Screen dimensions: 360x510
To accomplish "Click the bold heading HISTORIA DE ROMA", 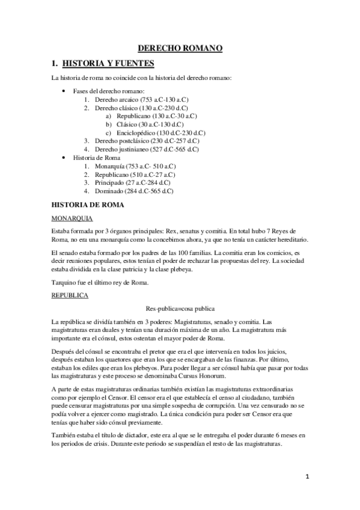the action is (x=88, y=205).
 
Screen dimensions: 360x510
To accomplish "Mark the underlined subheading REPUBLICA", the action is (x=70, y=296).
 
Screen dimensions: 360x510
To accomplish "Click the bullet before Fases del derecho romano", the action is (x=64, y=90).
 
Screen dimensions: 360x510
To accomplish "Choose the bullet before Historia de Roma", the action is (x=64, y=157).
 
